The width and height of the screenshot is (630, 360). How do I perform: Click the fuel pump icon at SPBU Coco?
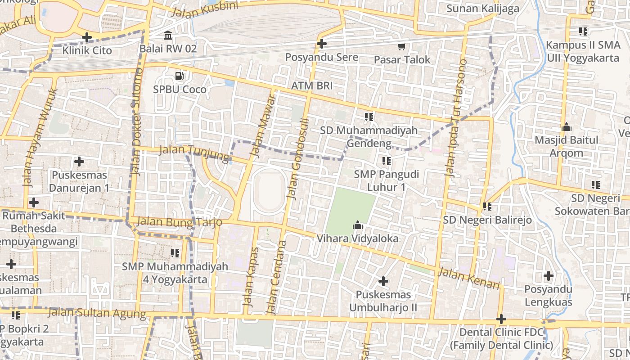179,76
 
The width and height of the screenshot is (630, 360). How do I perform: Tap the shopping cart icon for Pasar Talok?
401,46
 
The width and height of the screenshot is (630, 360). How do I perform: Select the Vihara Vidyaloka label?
358,238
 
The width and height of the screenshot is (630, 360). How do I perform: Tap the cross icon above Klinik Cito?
87,37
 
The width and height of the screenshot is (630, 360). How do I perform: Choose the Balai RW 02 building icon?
168,35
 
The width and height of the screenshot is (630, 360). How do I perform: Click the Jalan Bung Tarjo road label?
180,221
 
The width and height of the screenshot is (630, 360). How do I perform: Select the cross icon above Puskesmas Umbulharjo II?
383,281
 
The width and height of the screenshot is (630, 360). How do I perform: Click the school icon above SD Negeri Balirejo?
487,207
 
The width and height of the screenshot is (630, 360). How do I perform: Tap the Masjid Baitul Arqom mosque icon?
567,127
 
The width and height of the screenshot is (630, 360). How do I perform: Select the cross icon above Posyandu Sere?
321,44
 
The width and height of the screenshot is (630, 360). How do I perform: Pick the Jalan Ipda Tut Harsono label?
455,117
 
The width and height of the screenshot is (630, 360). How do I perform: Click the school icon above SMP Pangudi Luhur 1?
386,161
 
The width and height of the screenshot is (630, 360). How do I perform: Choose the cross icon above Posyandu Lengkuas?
548,275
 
